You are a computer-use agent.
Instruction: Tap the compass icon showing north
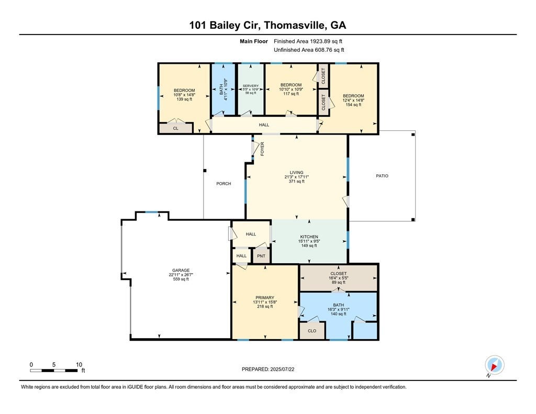[x=495, y=364]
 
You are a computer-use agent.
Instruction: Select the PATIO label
[x=382, y=176]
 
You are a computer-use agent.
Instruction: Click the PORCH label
[x=224, y=184]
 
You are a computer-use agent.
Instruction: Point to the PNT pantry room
[x=261, y=256]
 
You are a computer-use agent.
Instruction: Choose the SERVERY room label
[x=251, y=86]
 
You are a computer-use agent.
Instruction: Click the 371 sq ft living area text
[x=297, y=181]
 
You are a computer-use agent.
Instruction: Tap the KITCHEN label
[x=309, y=237]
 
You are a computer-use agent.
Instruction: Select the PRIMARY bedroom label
[x=265, y=298]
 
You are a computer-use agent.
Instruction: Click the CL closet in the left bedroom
[x=176, y=128]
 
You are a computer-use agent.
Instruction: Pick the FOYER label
[x=263, y=148]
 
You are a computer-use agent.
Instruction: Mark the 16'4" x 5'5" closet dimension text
[x=338, y=278]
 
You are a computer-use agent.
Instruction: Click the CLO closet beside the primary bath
[x=312, y=331]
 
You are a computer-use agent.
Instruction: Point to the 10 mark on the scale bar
[x=79, y=365]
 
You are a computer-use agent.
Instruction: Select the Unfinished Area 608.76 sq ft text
[x=309, y=50]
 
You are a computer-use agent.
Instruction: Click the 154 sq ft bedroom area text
[x=353, y=105]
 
